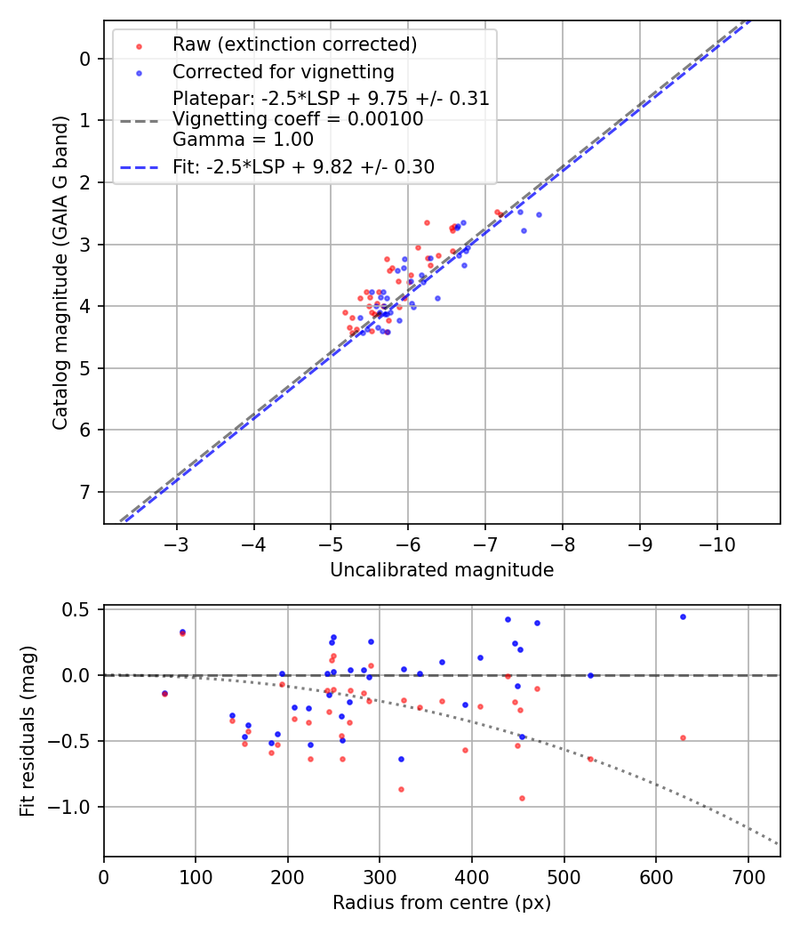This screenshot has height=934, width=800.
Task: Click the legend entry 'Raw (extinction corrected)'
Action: (294, 44)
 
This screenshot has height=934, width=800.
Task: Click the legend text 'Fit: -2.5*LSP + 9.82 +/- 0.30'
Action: (303, 166)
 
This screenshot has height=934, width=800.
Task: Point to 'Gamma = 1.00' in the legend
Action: (243, 140)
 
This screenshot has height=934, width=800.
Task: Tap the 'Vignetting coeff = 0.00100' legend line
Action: (298, 119)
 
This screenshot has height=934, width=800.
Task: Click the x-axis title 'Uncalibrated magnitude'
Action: (442, 570)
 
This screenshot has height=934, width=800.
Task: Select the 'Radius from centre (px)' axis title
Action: (442, 903)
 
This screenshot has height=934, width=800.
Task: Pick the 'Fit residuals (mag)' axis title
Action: (28, 731)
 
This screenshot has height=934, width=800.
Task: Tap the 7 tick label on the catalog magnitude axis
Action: (85, 492)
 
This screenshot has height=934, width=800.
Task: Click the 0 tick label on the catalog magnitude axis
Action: (85, 59)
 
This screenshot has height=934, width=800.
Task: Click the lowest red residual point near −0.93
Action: (522, 798)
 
